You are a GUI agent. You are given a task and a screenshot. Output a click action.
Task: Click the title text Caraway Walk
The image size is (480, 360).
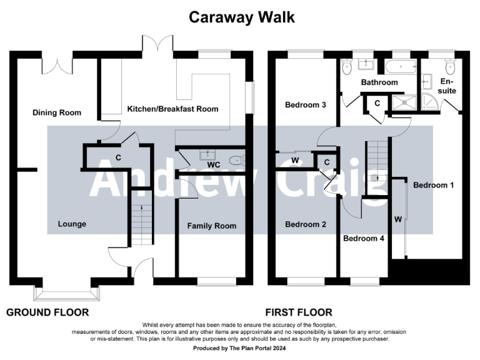tap(242, 17)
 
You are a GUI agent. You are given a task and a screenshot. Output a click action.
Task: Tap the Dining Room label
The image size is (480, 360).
tap(57, 112)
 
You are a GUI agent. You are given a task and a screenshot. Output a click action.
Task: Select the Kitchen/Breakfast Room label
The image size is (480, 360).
tap(172, 109)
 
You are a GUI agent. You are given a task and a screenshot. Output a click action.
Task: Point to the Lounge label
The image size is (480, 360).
tap(72, 224)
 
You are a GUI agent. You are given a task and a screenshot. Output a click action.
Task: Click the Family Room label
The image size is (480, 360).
tap(212, 226)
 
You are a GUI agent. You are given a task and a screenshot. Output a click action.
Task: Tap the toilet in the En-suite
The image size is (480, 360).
tap(449, 67)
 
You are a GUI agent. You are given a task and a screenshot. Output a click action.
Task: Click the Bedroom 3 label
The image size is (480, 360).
tap(306, 104)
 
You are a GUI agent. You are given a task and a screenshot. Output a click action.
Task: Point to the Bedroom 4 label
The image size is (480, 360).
tap(364, 238)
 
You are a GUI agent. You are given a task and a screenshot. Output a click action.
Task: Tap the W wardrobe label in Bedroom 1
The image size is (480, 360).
tap(397, 219)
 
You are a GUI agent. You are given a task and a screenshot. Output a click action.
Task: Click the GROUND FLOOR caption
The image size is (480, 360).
tap(47, 312)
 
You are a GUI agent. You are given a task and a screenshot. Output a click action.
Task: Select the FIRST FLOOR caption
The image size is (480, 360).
tap(299, 312)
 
